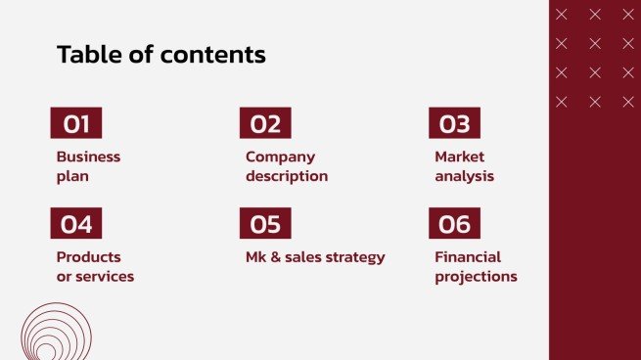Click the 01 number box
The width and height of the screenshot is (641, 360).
(76, 124)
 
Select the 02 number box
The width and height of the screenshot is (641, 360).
(265, 124)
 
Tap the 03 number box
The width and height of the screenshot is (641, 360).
(454, 124)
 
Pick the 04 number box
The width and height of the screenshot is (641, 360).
(76, 224)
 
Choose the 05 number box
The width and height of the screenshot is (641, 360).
(265, 224)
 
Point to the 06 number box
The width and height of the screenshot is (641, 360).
(454, 224)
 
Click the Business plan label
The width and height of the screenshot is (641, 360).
(88, 166)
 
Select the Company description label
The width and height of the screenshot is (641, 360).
(287, 166)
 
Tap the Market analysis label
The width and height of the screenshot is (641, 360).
(464, 166)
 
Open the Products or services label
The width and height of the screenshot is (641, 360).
(95, 266)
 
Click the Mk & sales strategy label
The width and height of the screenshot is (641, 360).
(315, 257)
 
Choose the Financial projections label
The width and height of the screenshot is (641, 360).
(476, 266)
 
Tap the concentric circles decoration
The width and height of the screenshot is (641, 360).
(49, 334)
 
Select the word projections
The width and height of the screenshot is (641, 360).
(476, 277)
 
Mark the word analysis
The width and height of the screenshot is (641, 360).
(464, 177)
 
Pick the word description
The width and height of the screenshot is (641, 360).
(287, 177)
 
